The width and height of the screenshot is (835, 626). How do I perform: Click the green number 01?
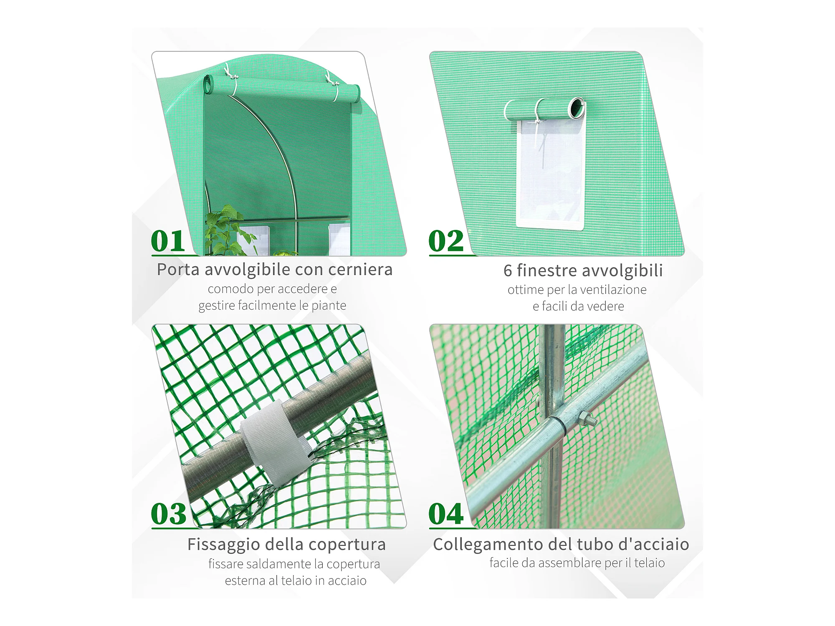(x=167, y=241)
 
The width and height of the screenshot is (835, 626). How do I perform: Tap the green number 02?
(x=446, y=241)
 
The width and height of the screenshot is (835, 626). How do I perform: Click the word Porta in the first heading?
(x=178, y=270)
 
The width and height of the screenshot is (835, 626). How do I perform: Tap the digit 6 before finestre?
(x=508, y=270)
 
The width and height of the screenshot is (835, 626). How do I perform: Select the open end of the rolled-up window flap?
(x=577, y=107)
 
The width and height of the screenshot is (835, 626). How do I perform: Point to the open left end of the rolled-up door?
(x=208, y=85)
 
